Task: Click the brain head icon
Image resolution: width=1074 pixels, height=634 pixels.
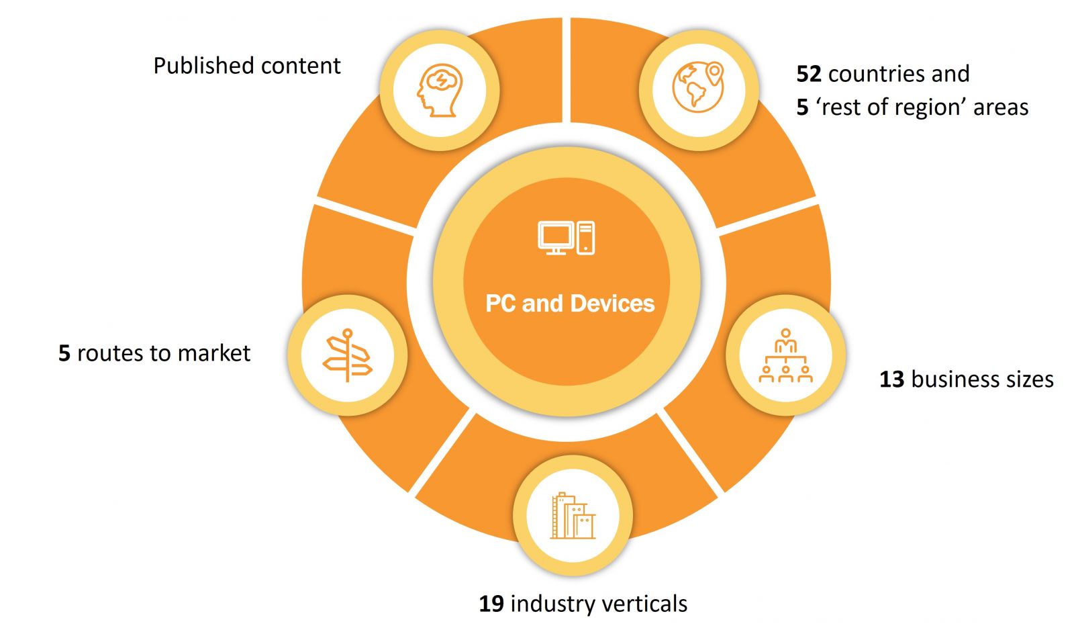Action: [x=439, y=90]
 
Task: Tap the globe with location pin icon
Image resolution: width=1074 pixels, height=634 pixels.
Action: [x=698, y=87]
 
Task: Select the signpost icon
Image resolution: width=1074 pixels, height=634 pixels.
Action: [x=347, y=355]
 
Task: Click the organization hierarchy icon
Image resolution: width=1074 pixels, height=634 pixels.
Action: [x=785, y=355]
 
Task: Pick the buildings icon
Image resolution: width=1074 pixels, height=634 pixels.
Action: [x=573, y=516]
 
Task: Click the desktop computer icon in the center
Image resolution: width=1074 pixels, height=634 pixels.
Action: [x=566, y=238]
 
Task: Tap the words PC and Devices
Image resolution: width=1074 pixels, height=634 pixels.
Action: [x=570, y=304]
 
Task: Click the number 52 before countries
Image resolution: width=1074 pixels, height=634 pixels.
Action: [x=809, y=74]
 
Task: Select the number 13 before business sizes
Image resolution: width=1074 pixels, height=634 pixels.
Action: [x=892, y=379]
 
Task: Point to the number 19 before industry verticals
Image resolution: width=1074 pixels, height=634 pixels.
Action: [x=491, y=604]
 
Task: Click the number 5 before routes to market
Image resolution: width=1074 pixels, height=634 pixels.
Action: [x=64, y=353]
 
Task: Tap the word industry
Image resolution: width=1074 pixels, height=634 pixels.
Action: [x=550, y=604]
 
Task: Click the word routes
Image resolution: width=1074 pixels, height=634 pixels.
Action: [x=109, y=353]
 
